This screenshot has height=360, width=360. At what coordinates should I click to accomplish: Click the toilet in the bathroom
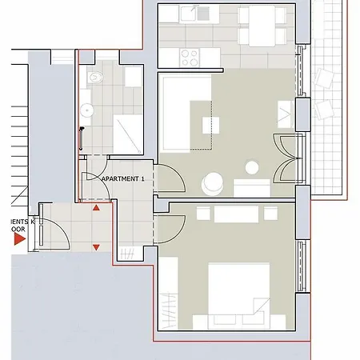[96, 78]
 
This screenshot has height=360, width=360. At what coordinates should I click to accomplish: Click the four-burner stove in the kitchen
[190, 58]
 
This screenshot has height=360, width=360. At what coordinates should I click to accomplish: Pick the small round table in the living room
[253, 167]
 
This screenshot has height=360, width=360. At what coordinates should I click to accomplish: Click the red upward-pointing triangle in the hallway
[96, 208]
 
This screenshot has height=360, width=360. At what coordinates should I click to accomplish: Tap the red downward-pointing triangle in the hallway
[96, 247]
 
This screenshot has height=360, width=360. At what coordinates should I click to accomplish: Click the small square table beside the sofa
[210, 125]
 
